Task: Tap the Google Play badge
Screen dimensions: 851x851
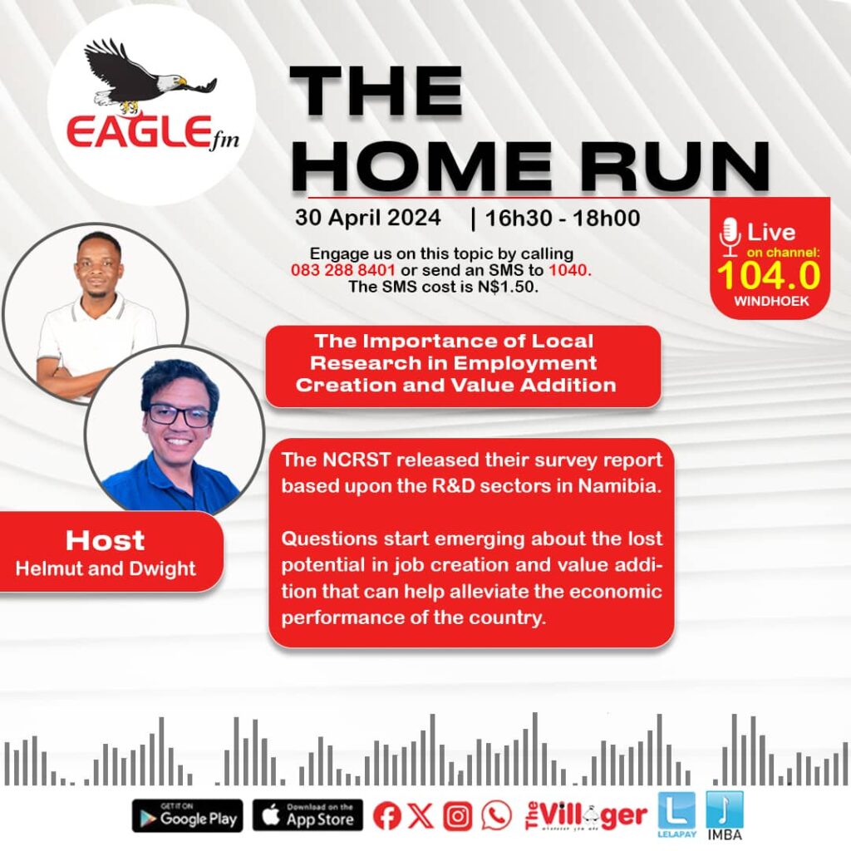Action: (188, 816)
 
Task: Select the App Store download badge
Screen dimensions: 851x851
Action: (308, 816)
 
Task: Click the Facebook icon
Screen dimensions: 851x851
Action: (386, 815)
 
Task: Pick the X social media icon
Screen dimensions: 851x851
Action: (421, 815)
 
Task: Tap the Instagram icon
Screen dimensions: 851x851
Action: (458, 816)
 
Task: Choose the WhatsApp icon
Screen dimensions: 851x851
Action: (496, 815)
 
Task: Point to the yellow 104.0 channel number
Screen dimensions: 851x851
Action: (769, 275)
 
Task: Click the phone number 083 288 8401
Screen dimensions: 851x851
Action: (343, 270)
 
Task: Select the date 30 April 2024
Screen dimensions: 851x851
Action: (368, 218)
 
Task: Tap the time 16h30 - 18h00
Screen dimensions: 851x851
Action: (563, 219)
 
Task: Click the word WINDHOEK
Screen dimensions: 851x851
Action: (771, 301)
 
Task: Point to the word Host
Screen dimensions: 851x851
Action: (106, 540)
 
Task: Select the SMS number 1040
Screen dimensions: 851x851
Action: (568, 270)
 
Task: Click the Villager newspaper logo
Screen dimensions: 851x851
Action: (586, 816)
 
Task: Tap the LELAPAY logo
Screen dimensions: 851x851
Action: (676, 814)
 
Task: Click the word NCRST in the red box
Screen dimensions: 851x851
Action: (357, 460)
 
